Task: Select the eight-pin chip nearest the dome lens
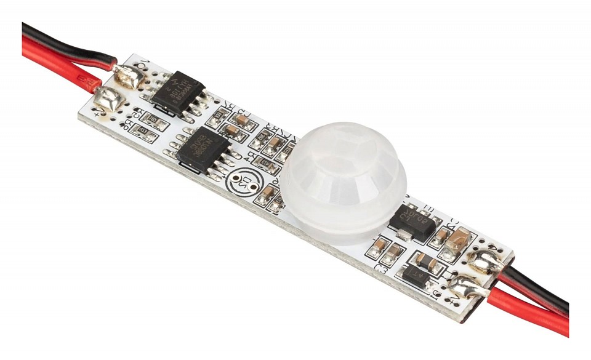pyautogui.click(x=203, y=150)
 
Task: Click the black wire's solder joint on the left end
pyautogui.click(x=132, y=76)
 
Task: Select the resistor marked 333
pyautogui.click(x=218, y=115)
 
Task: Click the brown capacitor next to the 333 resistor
pyautogui.click(x=241, y=120)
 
